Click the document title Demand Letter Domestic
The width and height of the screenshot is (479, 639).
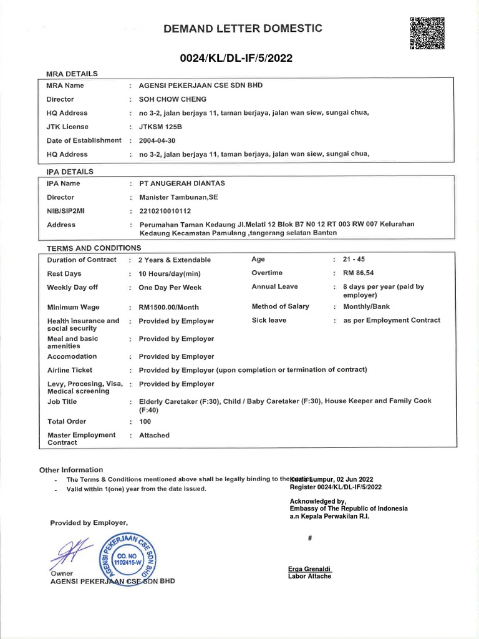point(243,29)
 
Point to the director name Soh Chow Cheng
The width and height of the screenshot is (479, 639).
point(172,99)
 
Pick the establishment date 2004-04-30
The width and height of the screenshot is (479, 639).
point(161,140)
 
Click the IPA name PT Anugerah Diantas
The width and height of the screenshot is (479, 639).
point(181,183)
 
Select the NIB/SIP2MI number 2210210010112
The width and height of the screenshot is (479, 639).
point(165,211)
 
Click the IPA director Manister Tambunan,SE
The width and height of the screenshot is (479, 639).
point(178,197)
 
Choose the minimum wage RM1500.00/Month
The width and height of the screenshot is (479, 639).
point(168,308)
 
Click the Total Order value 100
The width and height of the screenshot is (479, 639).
point(145,421)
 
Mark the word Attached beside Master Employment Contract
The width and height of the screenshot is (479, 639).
point(154,435)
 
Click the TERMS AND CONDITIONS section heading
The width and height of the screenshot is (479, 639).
point(94,248)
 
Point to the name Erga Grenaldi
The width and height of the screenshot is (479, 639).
point(310,568)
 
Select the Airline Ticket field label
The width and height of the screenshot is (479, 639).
point(70,370)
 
